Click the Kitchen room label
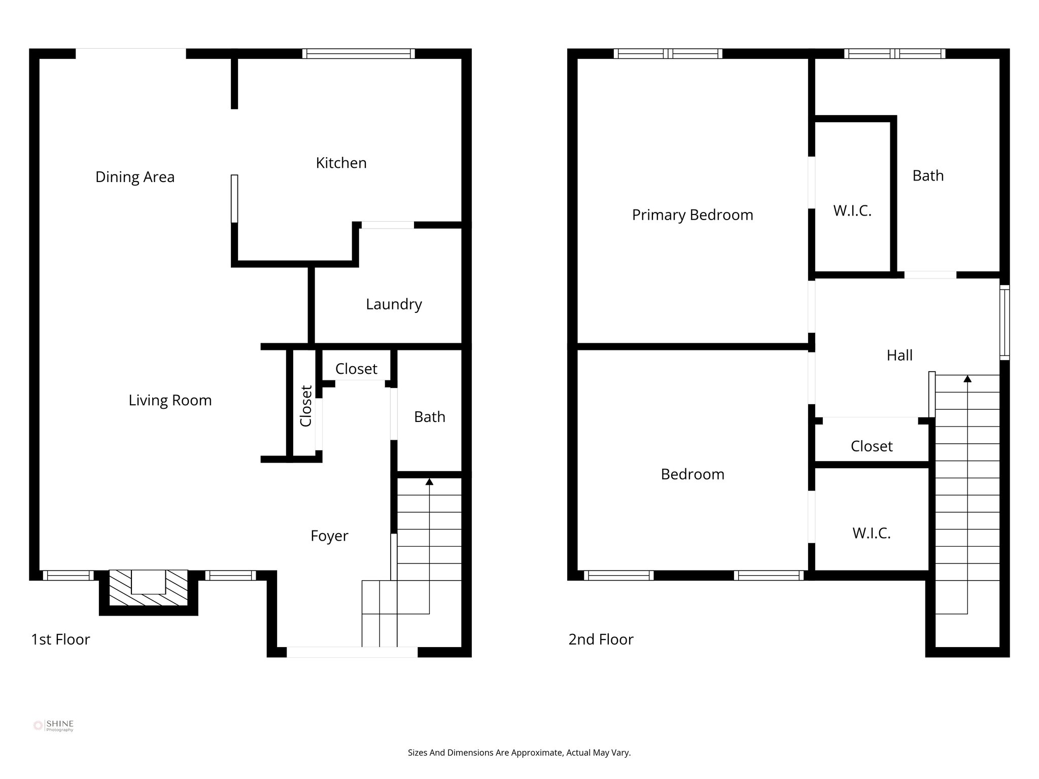(x=341, y=163)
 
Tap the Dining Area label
(x=135, y=177)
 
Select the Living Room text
(x=170, y=400)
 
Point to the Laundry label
(x=394, y=304)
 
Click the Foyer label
(x=329, y=536)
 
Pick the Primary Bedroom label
(x=692, y=215)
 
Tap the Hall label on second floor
(x=899, y=355)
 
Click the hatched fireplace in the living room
(x=148, y=588)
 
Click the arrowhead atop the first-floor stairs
(x=429, y=481)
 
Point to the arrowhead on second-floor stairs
(x=967, y=378)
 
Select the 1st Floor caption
(x=60, y=640)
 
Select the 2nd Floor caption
(x=601, y=640)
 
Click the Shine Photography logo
(x=53, y=726)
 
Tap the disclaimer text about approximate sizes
(x=519, y=753)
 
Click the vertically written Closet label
(x=306, y=406)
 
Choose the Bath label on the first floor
(x=429, y=417)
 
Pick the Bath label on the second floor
(x=928, y=176)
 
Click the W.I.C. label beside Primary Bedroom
(x=852, y=211)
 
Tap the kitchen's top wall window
(x=358, y=54)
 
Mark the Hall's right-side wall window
(x=1004, y=323)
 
